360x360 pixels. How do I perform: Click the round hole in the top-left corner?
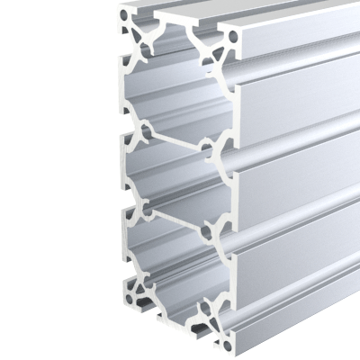[137, 28]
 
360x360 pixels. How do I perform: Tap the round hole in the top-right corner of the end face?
[234, 39]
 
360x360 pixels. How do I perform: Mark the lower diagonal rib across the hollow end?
[174, 217]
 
